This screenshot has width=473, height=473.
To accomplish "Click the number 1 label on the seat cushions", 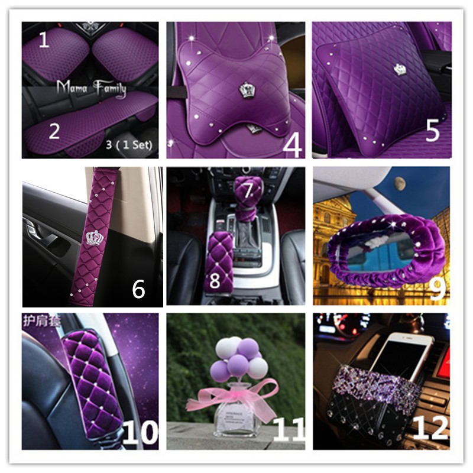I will click(x=43, y=40).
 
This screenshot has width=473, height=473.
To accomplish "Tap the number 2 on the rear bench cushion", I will click(x=54, y=131).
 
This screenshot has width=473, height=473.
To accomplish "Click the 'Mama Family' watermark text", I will click(x=91, y=88).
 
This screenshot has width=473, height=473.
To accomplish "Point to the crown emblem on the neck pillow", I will click(x=247, y=90).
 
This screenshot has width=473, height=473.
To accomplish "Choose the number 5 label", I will click(x=433, y=132).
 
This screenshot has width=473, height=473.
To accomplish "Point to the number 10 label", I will click(x=140, y=433).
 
